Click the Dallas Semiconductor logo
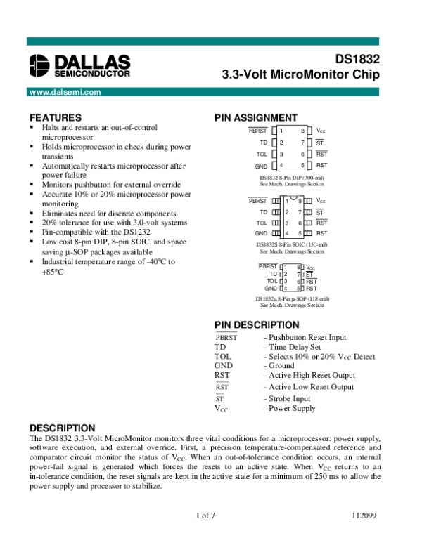(x=79, y=65)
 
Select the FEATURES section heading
(x=56, y=117)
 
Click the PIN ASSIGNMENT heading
(x=256, y=117)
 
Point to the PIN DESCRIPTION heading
(x=257, y=324)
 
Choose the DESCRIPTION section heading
(x=62, y=428)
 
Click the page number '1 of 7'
(x=205, y=516)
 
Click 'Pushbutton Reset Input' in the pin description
(x=305, y=337)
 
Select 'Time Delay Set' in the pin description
(x=292, y=347)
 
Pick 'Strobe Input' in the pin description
(x=287, y=398)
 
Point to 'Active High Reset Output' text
(x=308, y=375)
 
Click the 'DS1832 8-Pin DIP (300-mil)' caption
(x=292, y=178)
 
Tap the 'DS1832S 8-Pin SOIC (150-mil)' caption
(x=292, y=244)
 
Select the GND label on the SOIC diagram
(x=261, y=232)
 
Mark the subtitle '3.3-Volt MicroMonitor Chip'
(x=300, y=74)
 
